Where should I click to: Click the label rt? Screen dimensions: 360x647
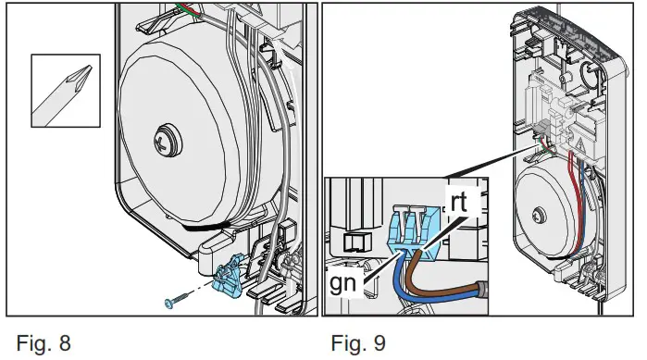click(462, 203)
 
